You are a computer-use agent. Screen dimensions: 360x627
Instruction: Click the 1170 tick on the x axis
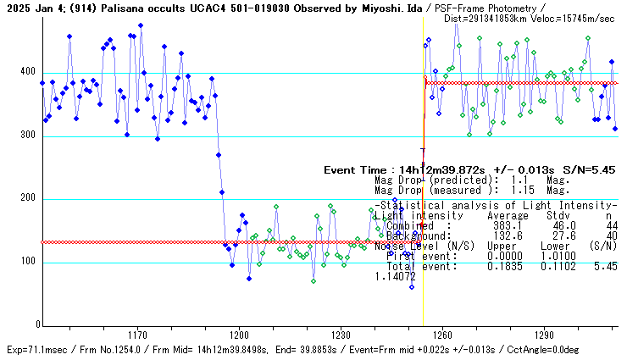coord(136,335)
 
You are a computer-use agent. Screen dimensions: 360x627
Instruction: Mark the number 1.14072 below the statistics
coord(396,276)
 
